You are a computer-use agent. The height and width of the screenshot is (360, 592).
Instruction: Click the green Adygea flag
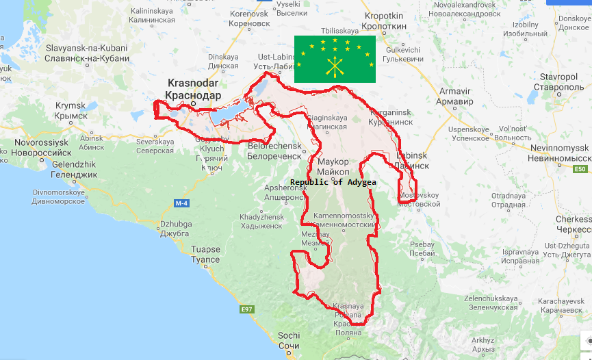(x=335, y=59)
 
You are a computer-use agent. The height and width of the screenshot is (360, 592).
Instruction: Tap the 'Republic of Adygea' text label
(x=333, y=183)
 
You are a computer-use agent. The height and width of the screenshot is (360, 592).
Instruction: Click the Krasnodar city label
(x=194, y=89)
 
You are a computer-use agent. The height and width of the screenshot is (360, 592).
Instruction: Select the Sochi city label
(x=289, y=340)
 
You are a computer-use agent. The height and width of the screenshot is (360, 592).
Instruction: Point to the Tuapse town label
(x=206, y=255)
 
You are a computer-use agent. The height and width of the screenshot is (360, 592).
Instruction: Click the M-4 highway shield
(x=181, y=203)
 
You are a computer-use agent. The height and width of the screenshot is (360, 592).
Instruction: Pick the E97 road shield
(x=247, y=310)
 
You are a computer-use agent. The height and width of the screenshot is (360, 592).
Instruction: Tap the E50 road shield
(x=581, y=169)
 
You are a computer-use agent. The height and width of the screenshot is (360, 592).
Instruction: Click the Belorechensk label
(x=274, y=151)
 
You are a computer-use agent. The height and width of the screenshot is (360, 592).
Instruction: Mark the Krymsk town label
(x=70, y=110)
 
